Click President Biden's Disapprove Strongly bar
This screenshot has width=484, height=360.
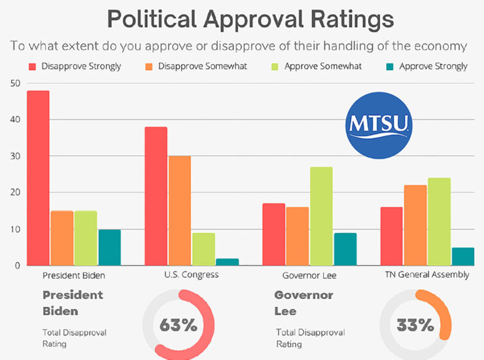click(38, 178)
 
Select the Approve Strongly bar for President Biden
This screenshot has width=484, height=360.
click(109, 247)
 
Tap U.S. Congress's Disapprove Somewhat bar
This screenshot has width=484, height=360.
click(180, 211)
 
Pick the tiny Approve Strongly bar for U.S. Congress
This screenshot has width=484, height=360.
click(228, 262)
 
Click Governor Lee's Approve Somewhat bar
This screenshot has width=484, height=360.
click(321, 216)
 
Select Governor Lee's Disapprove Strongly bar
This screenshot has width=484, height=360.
click(273, 234)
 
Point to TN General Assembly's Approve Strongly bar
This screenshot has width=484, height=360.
click(462, 257)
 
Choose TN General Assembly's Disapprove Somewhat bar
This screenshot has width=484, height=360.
click(415, 225)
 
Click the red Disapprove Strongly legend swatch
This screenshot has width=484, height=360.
click(32, 66)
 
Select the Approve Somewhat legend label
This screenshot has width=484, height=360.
click(316, 66)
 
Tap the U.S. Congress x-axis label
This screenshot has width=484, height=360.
click(191, 275)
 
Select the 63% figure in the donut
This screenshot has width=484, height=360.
click(179, 325)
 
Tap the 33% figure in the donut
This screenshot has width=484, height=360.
click(415, 325)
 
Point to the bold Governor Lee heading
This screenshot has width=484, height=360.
click(303, 302)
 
